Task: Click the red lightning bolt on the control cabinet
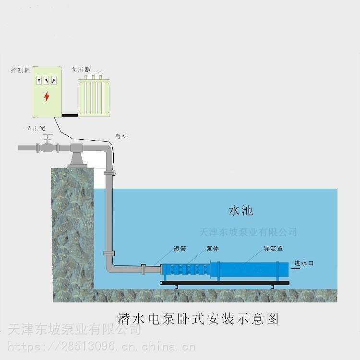(x=47, y=96)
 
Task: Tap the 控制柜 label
(x=21, y=70)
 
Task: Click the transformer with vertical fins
(x=96, y=96)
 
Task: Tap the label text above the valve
(x=36, y=129)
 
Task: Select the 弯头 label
(x=121, y=136)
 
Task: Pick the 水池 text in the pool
(x=240, y=210)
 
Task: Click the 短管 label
(x=180, y=249)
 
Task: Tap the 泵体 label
(x=213, y=249)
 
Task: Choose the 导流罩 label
(x=272, y=249)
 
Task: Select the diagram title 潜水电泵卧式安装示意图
(x=198, y=318)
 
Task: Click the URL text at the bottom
(x=101, y=346)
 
